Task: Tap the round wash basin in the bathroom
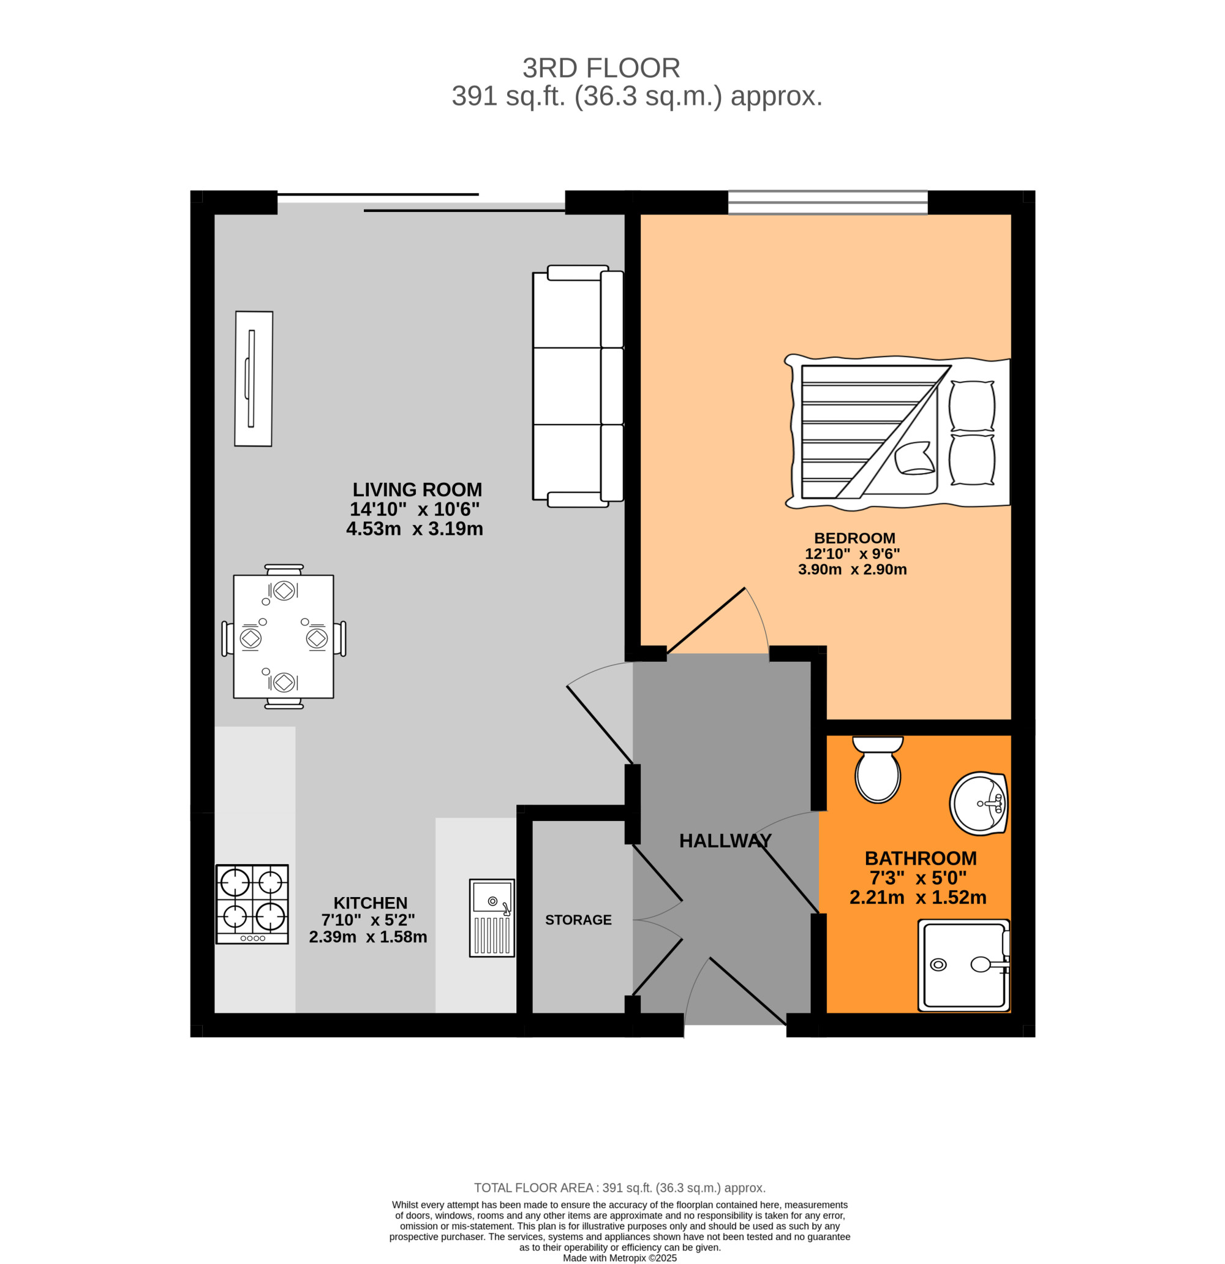pos(978,803)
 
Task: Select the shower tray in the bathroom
pos(963,966)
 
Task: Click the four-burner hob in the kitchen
pos(252,904)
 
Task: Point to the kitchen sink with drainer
pos(492,917)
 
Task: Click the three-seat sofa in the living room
pos(577,385)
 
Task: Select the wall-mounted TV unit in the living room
pos(254,379)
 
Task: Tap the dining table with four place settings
pos(283,637)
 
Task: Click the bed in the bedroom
pos(896,432)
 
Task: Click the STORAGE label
pos(578,920)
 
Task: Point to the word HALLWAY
pos(725,840)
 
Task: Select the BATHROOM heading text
pos(920,858)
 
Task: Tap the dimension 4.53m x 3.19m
pos(415,529)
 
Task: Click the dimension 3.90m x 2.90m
pos(852,569)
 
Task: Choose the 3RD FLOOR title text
pos(601,68)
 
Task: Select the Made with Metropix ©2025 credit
pos(620,1257)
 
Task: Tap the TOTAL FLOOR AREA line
pos(620,1188)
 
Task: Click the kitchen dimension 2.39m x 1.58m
pos(367,936)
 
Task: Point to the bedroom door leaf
pos(706,620)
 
